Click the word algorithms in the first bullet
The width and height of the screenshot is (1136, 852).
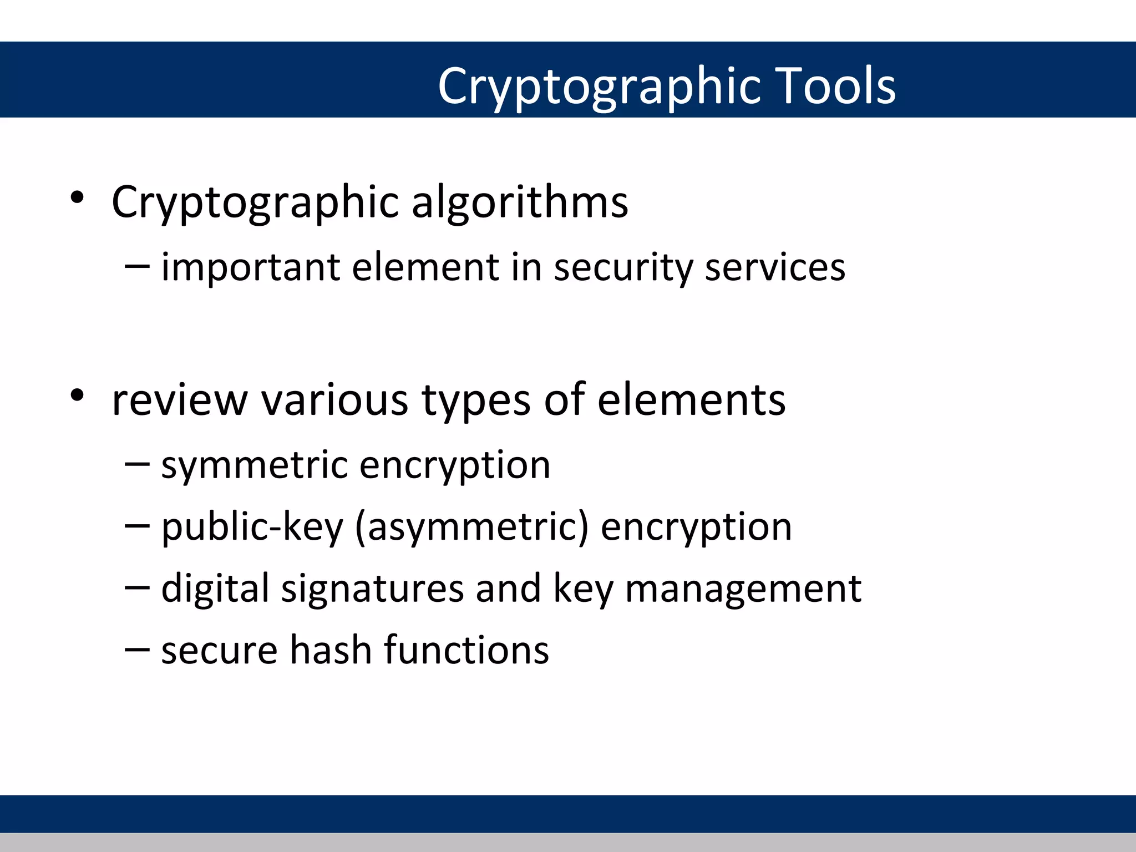point(520,202)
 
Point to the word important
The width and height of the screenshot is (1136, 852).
point(250,268)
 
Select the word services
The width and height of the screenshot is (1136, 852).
point(775,268)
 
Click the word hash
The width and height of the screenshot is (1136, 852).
point(331,650)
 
